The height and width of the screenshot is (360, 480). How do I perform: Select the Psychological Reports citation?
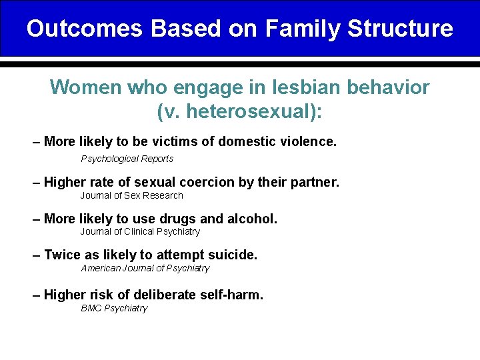click(127, 159)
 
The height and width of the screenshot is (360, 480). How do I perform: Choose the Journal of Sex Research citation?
click(131, 195)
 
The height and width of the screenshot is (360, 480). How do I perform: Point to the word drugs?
click(175, 219)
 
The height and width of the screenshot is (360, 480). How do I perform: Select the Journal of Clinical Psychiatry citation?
click(140, 231)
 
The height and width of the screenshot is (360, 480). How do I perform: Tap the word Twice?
click(63, 255)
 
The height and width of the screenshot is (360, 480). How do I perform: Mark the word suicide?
click(233, 255)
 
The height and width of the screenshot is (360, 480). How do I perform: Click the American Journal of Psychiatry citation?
click(145, 268)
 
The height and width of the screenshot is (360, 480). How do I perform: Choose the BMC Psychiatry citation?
click(114, 308)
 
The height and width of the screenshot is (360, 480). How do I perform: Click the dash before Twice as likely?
click(37, 255)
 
